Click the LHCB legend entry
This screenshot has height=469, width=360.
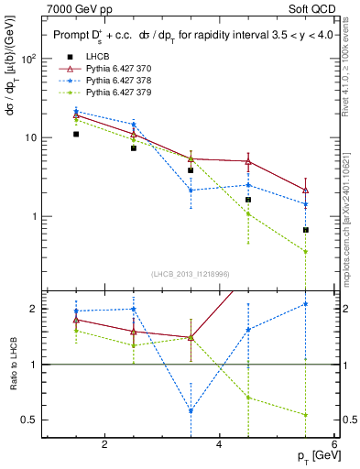[x=97, y=57]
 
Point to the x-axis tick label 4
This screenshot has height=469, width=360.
[x=219, y=444]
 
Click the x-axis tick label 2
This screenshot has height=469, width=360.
[x=104, y=444]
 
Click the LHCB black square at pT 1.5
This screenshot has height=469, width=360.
[x=76, y=134]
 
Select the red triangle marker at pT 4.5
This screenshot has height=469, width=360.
[x=248, y=161]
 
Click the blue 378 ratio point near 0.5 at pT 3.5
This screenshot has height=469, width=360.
[x=191, y=411]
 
